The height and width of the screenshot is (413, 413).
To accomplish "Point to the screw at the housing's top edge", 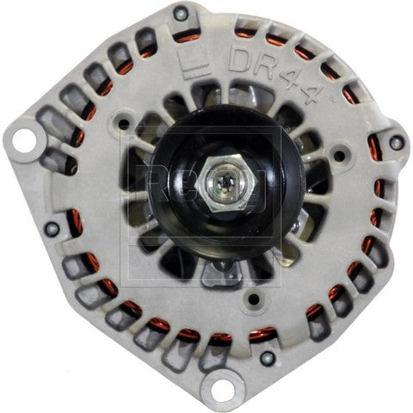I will click(180, 13).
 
